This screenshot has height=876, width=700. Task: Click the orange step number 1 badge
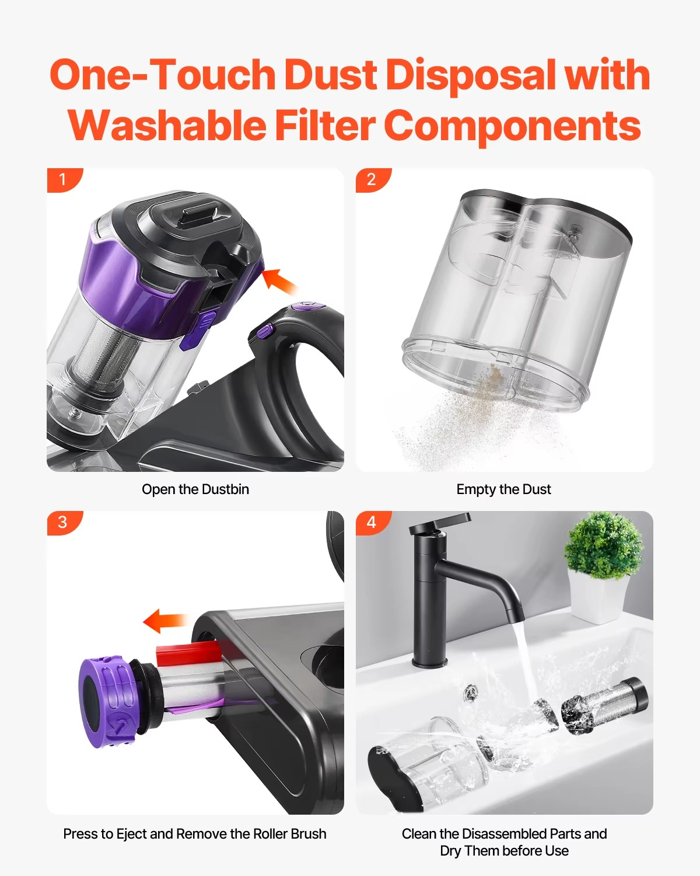(63, 179)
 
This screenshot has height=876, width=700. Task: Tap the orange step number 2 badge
(372, 179)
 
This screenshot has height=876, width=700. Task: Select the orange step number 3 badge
(63, 522)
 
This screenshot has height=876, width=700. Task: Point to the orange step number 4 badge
(372, 522)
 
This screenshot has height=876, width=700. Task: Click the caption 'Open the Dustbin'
(195, 489)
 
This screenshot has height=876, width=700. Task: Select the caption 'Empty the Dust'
(503, 489)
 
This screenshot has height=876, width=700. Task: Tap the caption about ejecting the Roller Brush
(195, 834)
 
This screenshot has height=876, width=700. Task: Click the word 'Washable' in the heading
(166, 126)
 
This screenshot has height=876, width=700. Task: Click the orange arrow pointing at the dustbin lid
(279, 281)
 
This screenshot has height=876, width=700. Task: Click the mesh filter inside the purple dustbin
(99, 353)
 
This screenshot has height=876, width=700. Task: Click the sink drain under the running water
(470, 694)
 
